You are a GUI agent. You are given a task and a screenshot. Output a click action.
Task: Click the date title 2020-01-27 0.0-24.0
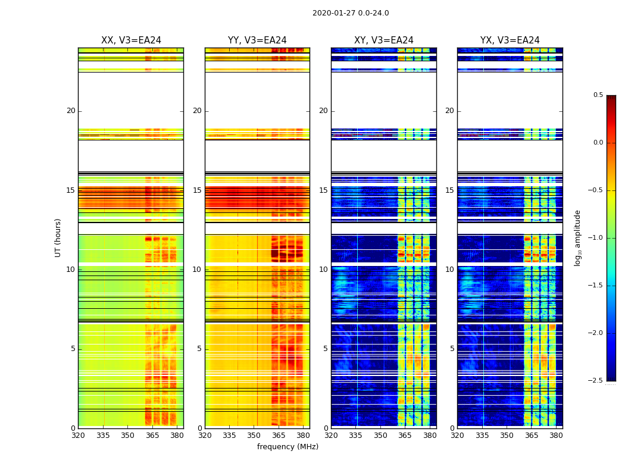click(351, 13)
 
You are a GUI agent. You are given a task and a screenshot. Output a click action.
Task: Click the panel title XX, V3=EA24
click(131, 40)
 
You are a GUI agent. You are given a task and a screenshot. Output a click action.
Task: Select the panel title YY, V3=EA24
click(257, 40)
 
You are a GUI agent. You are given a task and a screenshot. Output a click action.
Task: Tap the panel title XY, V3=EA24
click(383, 40)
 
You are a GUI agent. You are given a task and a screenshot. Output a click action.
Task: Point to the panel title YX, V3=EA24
click(510, 40)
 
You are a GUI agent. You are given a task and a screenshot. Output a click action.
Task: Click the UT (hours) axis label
click(58, 237)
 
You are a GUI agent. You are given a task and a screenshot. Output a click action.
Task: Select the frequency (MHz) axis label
click(287, 447)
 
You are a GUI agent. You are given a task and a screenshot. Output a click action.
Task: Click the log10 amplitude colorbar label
click(577, 237)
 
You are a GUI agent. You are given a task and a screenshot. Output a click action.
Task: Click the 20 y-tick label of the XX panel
click(71, 111)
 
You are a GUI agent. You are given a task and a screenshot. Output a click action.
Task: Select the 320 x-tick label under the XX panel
click(78, 435)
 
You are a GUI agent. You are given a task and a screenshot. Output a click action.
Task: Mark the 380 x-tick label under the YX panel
click(556, 435)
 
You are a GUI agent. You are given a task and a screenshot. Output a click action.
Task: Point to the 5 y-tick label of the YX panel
click(452, 349)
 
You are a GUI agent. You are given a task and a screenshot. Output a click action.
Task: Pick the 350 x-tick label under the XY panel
click(380, 435)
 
